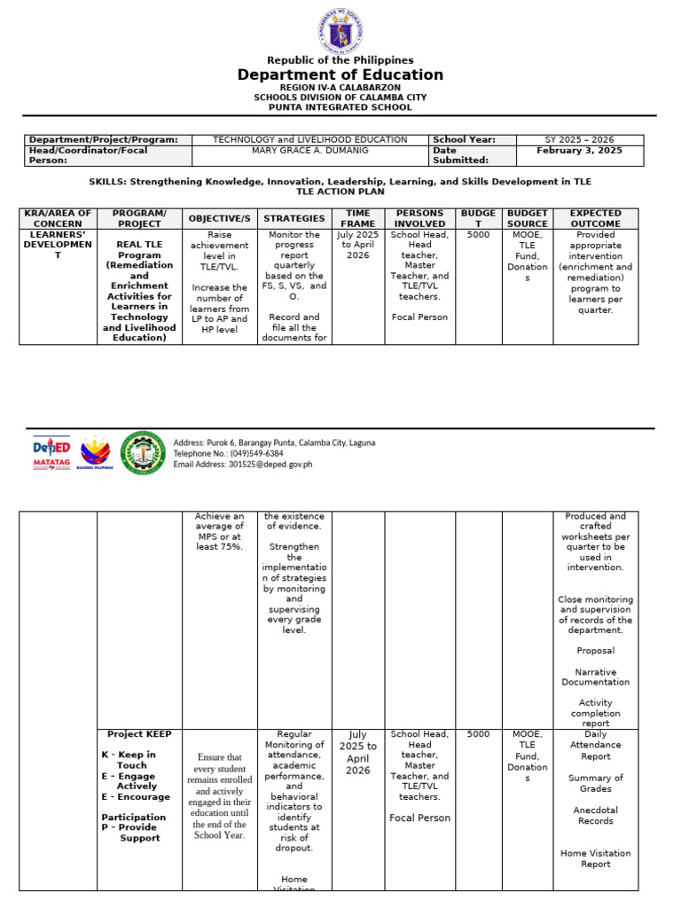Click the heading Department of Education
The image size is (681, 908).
pyautogui.click(x=340, y=75)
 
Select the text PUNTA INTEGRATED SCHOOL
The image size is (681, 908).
pyautogui.click(x=340, y=107)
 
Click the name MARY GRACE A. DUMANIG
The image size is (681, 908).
pyautogui.click(x=309, y=151)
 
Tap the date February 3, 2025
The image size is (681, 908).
pyautogui.click(x=579, y=151)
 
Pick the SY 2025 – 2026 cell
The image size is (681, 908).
pyautogui.click(x=579, y=140)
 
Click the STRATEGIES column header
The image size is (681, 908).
pyautogui.click(x=294, y=218)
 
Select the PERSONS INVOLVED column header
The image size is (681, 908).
pyautogui.click(x=419, y=218)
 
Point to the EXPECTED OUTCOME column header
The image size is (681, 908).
pyautogui.click(x=595, y=218)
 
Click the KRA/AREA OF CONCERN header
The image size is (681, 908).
pyautogui.click(x=58, y=218)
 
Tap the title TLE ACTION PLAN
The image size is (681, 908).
pyautogui.click(x=340, y=192)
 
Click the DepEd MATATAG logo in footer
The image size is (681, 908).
pyautogui.click(x=51, y=452)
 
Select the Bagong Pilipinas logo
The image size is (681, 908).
pyautogui.click(x=95, y=452)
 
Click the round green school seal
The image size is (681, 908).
pyautogui.click(x=143, y=452)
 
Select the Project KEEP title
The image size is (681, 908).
pyautogui.click(x=139, y=734)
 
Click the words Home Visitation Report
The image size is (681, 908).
pyautogui.click(x=595, y=858)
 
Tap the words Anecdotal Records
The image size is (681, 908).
pyautogui.click(x=595, y=815)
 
